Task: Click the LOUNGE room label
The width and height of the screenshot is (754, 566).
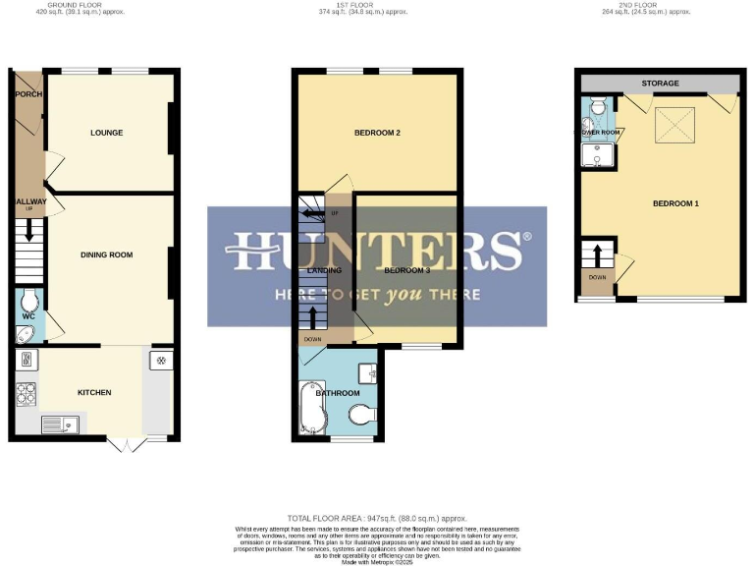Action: point(106,133)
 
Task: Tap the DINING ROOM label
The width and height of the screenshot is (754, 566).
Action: point(106,255)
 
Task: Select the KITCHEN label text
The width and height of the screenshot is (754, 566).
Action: point(94,393)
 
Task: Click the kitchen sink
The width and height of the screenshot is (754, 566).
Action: point(59,424)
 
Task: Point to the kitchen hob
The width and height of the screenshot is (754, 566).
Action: point(26,393)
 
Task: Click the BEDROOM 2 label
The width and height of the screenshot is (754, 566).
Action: point(377,133)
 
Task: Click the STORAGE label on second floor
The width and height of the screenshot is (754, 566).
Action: point(660,84)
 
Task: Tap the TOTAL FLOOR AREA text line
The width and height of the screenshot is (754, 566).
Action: point(377,518)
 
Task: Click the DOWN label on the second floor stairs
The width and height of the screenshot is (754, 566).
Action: point(598,277)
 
